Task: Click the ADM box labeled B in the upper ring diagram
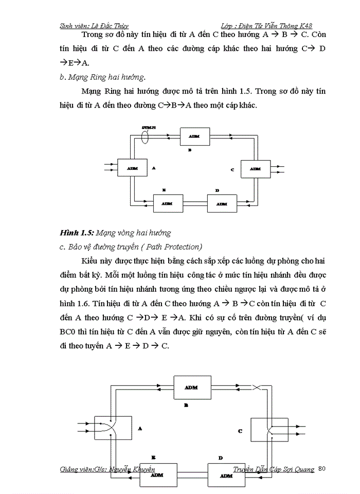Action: [194, 136]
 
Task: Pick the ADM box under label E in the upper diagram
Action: [167, 202]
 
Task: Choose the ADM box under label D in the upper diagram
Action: [222, 202]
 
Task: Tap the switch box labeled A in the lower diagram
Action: [111, 428]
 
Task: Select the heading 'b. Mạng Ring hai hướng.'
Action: [102, 78]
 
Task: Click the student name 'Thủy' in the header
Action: [119, 25]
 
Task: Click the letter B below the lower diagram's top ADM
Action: [187, 405]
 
